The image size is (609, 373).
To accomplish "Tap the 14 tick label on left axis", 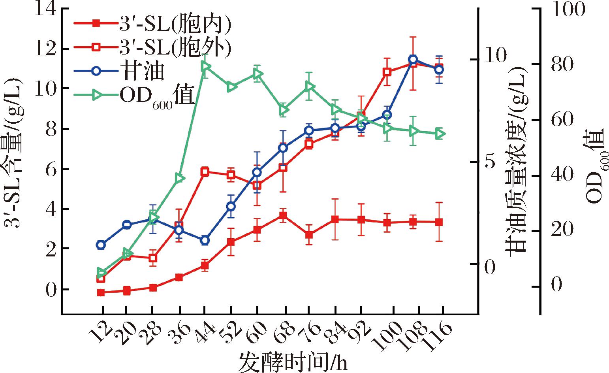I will (46, 9).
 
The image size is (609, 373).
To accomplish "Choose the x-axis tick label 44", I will (204, 333).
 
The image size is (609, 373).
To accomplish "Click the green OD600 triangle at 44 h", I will (205, 66).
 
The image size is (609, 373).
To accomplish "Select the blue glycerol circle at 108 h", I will (413, 60).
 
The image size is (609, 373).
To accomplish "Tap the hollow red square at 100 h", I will (387, 72).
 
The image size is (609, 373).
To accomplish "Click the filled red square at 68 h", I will (283, 215).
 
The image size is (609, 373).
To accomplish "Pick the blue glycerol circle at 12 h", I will (101, 245).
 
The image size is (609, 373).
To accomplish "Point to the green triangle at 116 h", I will (440, 134).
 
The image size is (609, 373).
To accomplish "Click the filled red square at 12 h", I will (101, 293).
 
